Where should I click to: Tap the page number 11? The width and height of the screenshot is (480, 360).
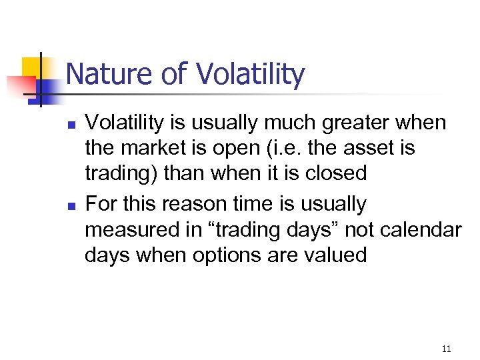[x=446, y=349]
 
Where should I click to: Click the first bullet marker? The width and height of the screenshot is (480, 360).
[x=69, y=125]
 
